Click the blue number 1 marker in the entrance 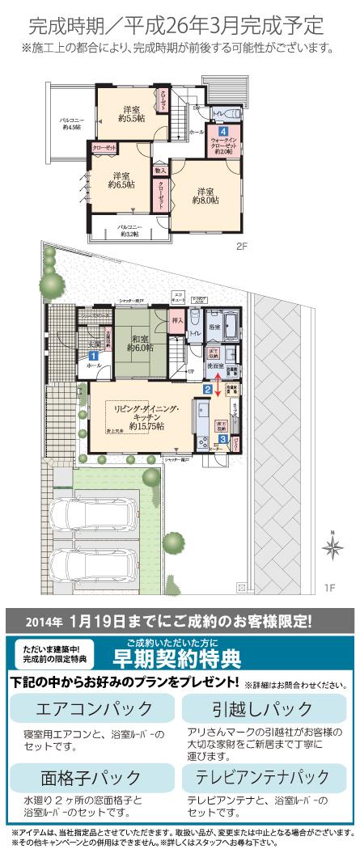[x=94, y=354]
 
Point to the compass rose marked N [x=332, y=547]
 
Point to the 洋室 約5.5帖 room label [x=130, y=113]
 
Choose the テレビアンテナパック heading [x=262, y=777]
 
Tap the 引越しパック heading [x=262, y=709]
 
